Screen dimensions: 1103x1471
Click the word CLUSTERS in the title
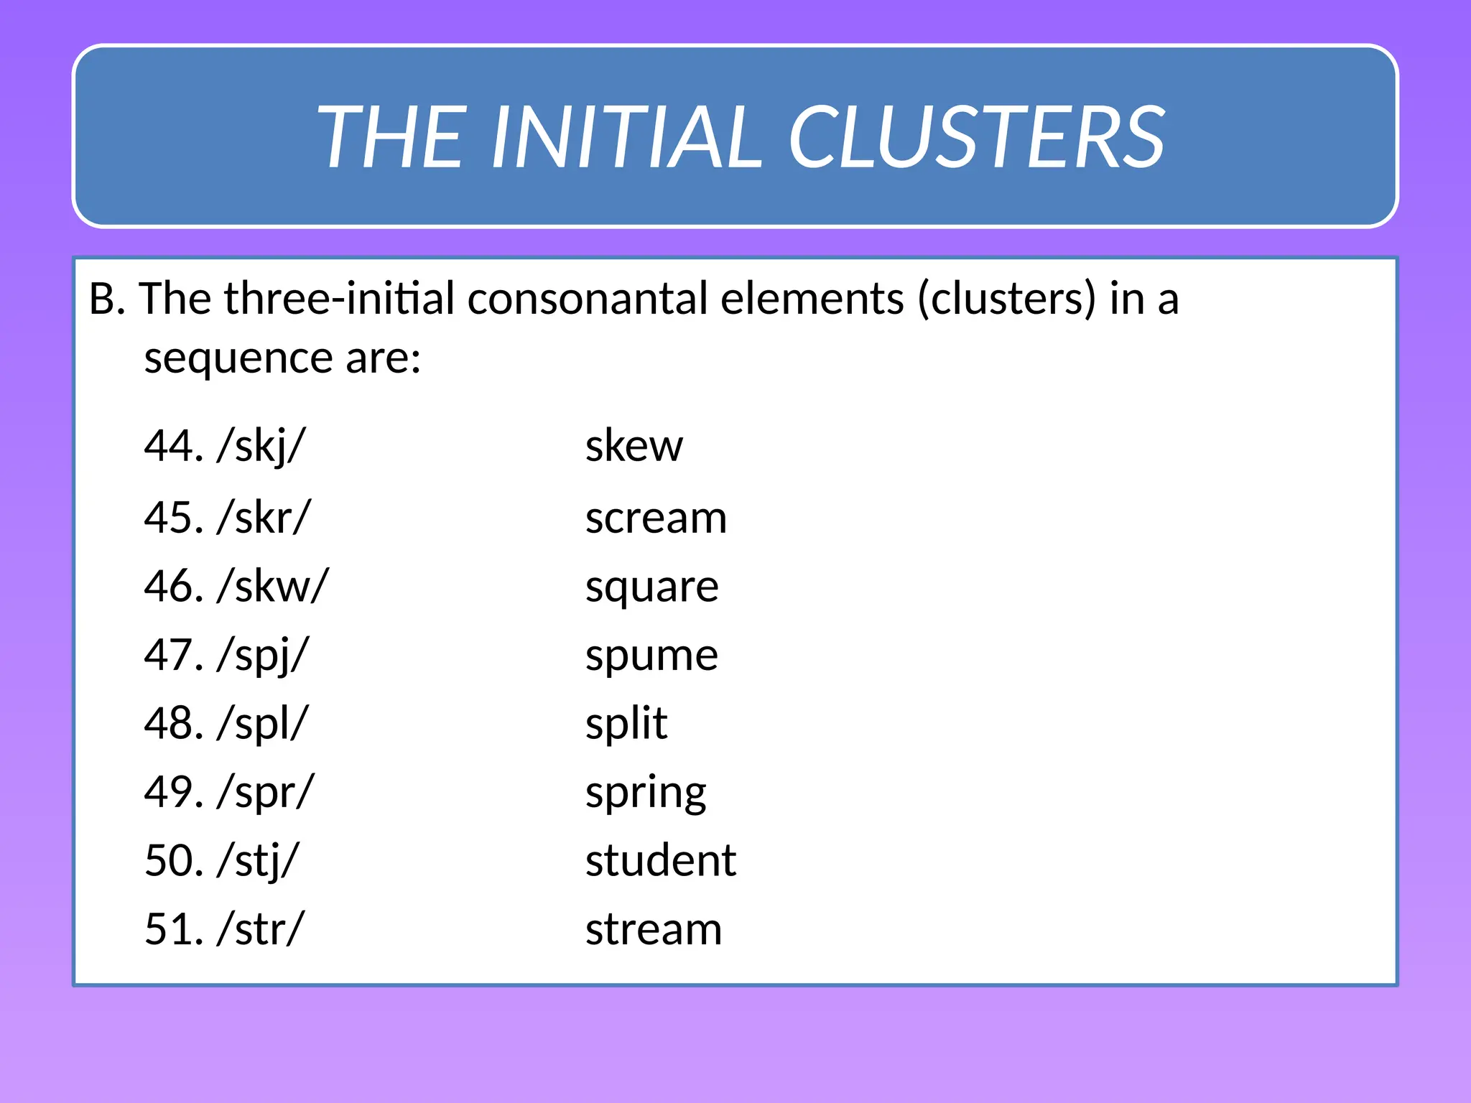point(977,136)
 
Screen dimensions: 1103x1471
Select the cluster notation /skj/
point(261,446)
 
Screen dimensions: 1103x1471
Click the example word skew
point(634,446)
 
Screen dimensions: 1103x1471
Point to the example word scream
point(656,518)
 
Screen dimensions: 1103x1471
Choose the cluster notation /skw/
point(273,586)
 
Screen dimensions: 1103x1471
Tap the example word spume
point(651,656)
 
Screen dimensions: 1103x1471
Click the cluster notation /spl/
point(263,724)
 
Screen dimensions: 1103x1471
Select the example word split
point(626,723)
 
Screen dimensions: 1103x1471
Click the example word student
point(660,860)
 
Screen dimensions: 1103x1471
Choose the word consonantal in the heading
point(587,299)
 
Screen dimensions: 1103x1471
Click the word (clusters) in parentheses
point(1007,299)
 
